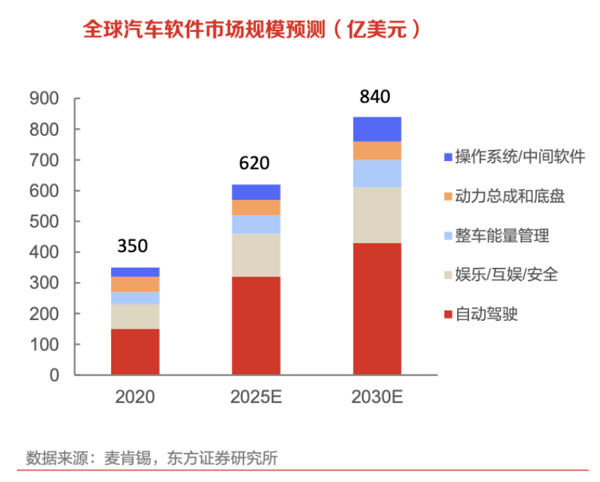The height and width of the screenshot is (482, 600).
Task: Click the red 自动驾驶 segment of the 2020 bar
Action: click(x=134, y=351)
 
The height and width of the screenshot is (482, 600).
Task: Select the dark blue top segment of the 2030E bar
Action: click(x=376, y=129)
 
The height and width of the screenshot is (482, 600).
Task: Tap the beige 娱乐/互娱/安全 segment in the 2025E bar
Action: click(x=255, y=255)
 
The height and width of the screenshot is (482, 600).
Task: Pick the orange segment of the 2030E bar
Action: click(x=376, y=151)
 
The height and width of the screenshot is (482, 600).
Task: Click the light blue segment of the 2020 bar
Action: click(x=134, y=298)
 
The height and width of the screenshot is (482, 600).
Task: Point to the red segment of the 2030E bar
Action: click(x=376, y=309)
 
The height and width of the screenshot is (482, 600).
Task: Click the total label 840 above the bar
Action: click(x=375, y=97)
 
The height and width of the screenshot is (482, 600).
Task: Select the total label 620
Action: click(x=254, y=164)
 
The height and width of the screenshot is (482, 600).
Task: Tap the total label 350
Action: click(x=132, y=246)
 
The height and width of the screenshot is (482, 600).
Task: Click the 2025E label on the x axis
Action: click(x=255, y=397)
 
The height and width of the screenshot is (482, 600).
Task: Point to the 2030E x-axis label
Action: click(x=376, y=397)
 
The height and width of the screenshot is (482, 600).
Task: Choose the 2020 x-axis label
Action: click(x=134, y=397)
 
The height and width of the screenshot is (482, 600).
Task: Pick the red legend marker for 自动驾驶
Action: click(x=447, y=314)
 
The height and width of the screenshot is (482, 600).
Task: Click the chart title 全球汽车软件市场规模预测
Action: click(x=205, y=30)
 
